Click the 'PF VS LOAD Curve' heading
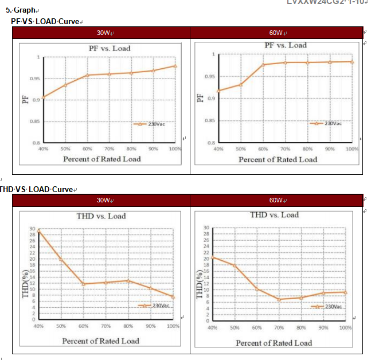click(45, 21)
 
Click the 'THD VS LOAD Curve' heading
click(37, 189)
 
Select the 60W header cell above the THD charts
click(277, 200)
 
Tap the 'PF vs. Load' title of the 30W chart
click(109, 48)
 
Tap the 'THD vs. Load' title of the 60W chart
click(274, 215)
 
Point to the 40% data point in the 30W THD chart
click(38, 230)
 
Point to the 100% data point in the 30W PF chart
click(175, 66)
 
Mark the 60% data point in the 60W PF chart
click(263, 65)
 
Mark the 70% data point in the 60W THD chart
click(279, 299)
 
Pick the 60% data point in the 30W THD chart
click(83, 284)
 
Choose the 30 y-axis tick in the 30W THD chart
click(32, 229)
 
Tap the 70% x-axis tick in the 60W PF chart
click(285, 148)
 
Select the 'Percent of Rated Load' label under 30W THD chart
click(101, 341)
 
